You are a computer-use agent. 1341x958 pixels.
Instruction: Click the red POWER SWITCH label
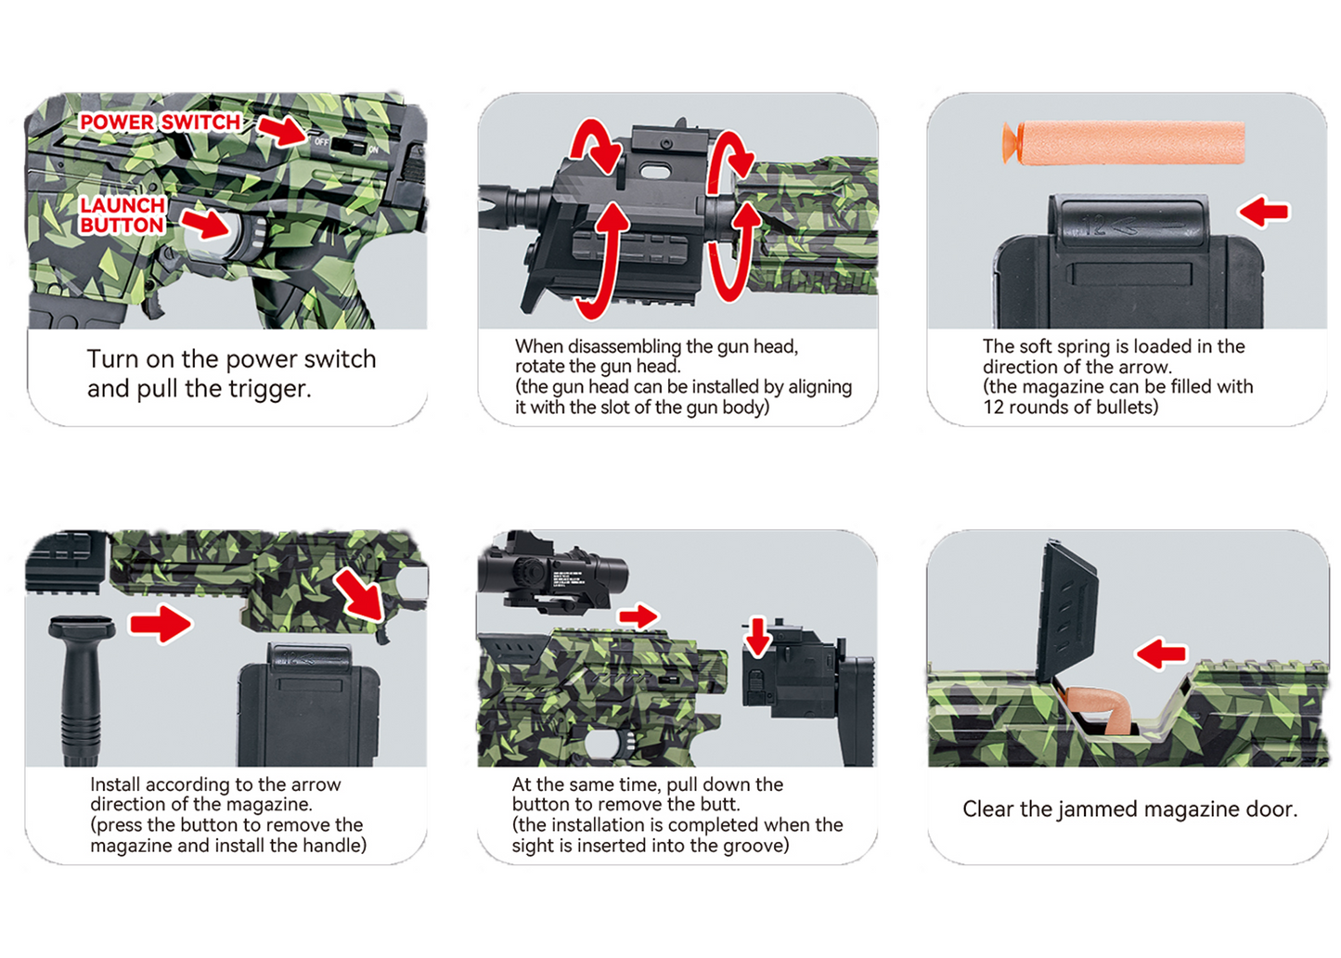[160, 123]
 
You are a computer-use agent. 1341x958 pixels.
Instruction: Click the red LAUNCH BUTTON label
[122, 215]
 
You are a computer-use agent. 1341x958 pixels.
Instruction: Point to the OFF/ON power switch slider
[348, 145]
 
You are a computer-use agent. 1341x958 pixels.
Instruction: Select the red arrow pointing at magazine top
[1264, 212]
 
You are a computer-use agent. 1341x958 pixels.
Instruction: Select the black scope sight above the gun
[553, 576]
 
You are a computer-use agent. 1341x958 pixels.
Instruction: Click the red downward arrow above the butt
[758, 637]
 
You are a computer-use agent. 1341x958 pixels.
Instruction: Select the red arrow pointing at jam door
[1161, 654]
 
